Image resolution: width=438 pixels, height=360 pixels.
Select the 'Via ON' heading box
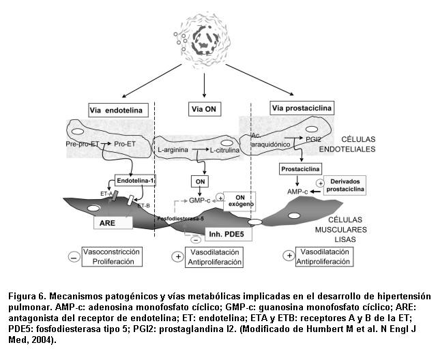[205, 110]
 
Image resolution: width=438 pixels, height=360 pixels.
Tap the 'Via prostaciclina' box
[302, 108]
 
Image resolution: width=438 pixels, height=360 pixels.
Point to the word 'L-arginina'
[173, 149]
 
